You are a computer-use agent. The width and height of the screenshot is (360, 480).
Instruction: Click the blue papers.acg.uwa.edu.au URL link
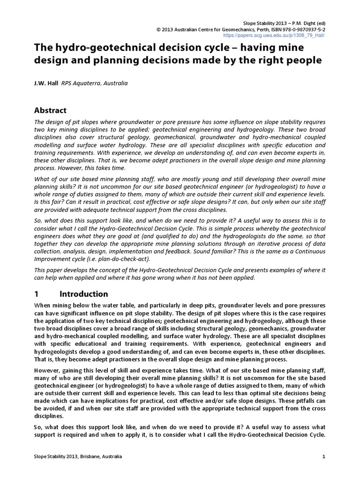[x=274, y=35]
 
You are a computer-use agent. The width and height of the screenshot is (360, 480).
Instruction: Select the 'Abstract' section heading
[x=51, y=110]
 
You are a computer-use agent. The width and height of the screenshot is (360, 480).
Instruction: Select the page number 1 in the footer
[x=324, y=456]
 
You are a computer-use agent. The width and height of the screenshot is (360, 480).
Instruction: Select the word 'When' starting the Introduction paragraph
[x=43, y=305]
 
